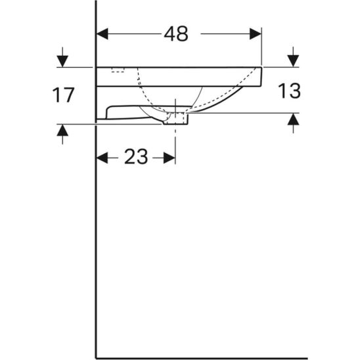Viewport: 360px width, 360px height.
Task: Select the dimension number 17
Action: [63, 95]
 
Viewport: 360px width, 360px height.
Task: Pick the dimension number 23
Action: [135, 157]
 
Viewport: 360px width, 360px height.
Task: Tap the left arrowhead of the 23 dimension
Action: [102, 157]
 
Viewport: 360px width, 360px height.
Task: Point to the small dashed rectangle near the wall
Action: [118, 70]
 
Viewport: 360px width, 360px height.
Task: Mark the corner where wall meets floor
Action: [97, 358]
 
